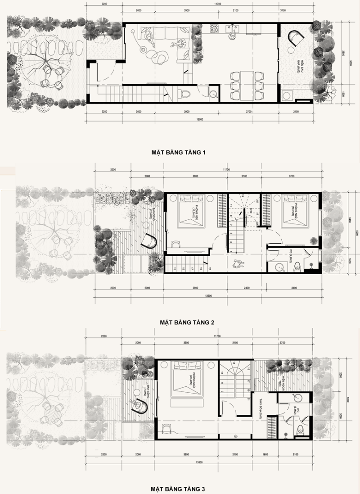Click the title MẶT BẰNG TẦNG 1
click(x=179, y=153)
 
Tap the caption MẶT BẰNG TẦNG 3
click(x=179, y=488)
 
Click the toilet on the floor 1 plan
click(x=186, y=93)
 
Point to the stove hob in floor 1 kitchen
click(x=215, y=29)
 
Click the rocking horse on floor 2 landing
click(x=237, y=264)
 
